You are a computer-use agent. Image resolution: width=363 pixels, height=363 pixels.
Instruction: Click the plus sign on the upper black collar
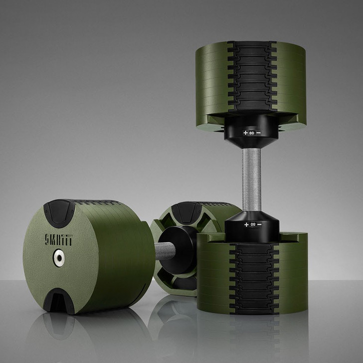pyautogui.click(x=245, y=133)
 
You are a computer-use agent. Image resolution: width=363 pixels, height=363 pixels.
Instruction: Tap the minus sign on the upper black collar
pyautogui.click(x=259, y=133)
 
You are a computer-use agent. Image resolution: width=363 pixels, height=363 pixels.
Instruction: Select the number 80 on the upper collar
pyautogui.click(x=252, y=133)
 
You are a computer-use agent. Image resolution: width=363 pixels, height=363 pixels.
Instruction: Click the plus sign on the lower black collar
pyautogui.click(x=245, y=225)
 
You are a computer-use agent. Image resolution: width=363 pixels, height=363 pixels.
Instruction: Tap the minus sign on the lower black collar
pyautogui.click(x=260, y=225)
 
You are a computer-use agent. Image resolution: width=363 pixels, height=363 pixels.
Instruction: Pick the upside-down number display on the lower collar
pyautogui.click(x=253, y=225)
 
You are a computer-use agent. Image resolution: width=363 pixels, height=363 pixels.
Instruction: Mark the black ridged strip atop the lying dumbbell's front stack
pyautogui.click(x=100, y=203)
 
